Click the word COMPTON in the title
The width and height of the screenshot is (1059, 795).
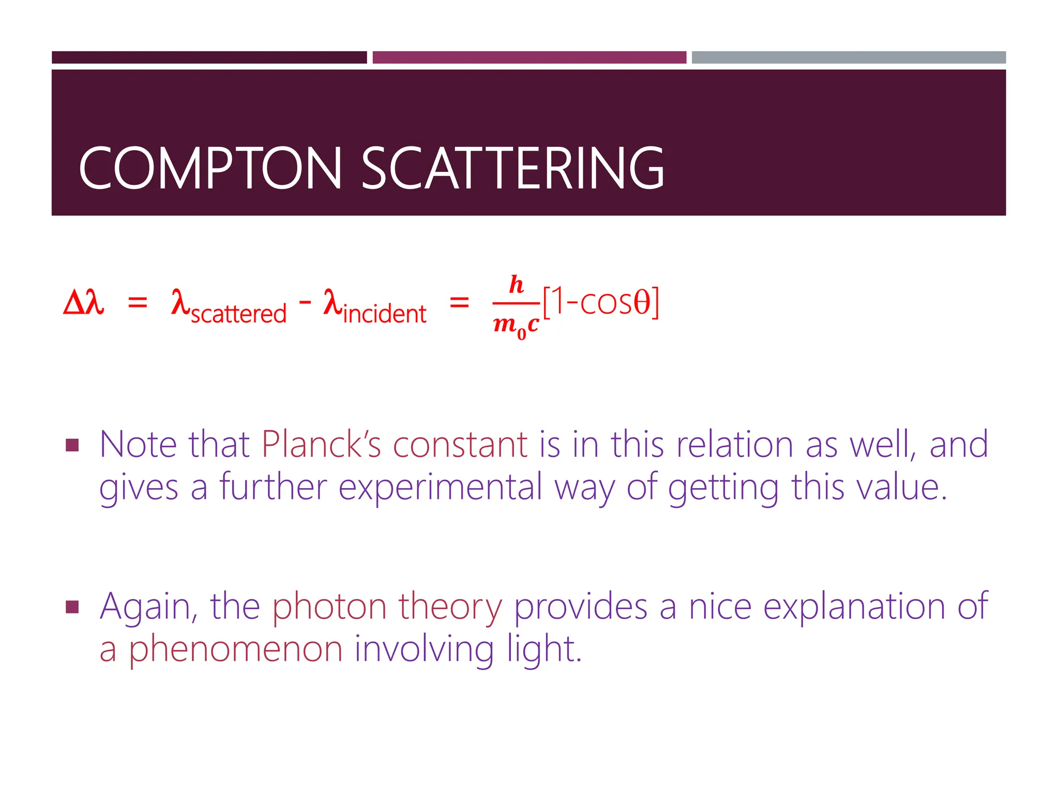pyautogui.click(x=210, y=168)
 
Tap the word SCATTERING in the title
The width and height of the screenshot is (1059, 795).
pyautogui.click(x=512, y=168)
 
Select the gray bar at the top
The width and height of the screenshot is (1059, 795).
pyautogui.click(x=849, y=57)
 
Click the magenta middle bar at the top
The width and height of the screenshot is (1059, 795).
pyautogui.click(x=529, y=57)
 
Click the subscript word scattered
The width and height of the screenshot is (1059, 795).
pyautogui.click(x=238, y=314)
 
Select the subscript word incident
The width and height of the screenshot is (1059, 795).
pyautogui.click(x=384, y=314)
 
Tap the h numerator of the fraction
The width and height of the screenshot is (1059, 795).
pyautogui.click(x=516, y=285)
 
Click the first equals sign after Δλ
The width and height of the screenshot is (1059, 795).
pyautogui.click(x=138, y=302)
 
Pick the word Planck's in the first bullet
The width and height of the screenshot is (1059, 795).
pyautogui.click(x=321, y=444)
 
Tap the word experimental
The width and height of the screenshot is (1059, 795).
pyautogui.click(x=440, y=487)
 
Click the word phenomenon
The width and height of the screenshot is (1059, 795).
pyautogui.click(x=235, y=649)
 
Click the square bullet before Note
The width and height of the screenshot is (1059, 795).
pyautogui.click(x=72, y=445)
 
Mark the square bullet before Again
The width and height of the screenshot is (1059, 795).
pyautogui.click(x=72, y=607)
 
